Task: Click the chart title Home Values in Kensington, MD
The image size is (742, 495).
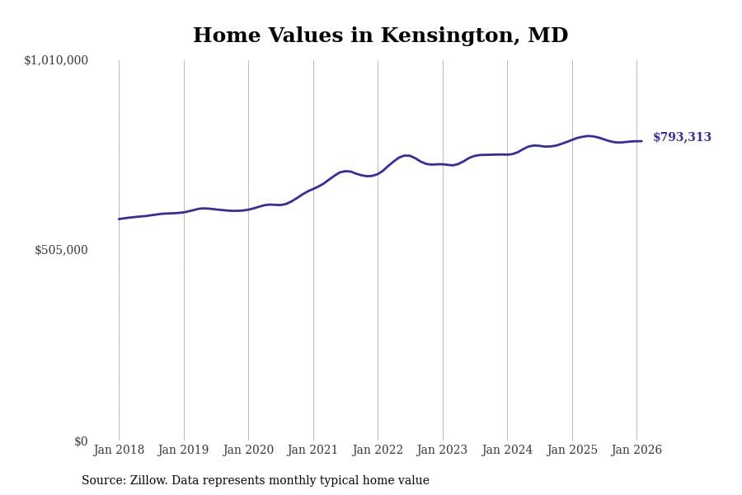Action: tap(380, 36)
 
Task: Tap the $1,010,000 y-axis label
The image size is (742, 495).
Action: tap(56, 60)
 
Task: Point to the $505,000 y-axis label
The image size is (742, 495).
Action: tap(61, 250)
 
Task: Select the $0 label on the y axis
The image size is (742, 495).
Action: tap(81, 441)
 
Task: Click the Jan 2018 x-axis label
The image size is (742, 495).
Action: tap(119, 450)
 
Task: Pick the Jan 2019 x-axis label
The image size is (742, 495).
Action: tap(184, 450)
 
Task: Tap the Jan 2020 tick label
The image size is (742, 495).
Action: tap(248, 450)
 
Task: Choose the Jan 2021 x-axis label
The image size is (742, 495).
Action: tap(313, 450)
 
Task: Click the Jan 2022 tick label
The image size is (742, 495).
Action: tap(378, 450)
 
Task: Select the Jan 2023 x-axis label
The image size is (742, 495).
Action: tap(443, 450)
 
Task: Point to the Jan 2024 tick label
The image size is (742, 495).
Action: tap(507, 450)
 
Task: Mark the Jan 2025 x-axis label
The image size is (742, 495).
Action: tap(572, 450)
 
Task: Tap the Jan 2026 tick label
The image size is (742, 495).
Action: tap(636, 450)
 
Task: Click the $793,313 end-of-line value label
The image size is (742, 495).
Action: tap(682, 138)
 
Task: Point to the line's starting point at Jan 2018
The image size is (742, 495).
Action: tap(119, 219)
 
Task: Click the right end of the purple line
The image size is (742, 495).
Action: tap(641, 141)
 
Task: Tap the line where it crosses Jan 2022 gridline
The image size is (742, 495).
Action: tap(378, 173)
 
